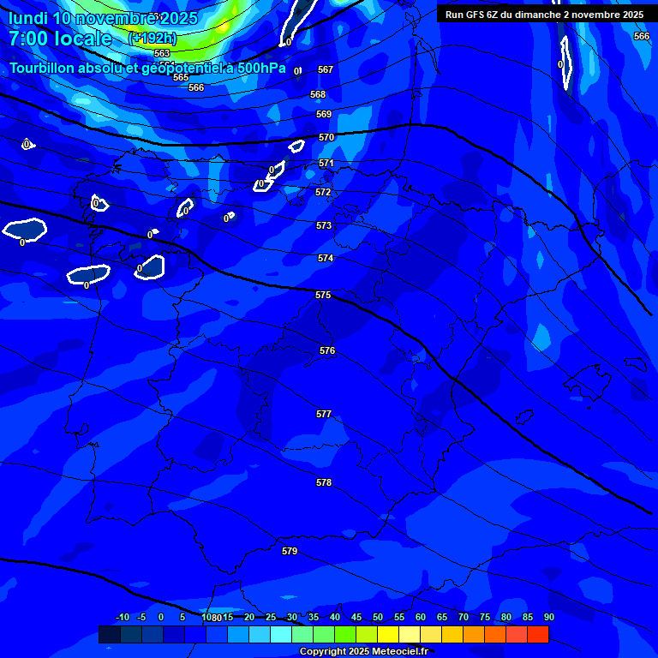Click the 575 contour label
[x=323, y=295]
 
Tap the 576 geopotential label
[x=327, y=351]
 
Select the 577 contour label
[x=324, y=414]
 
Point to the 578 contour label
[x=324, y=482]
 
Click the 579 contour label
[x=290, y=551]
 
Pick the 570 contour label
[x=326, y=137]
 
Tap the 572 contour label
[x=323, y=193]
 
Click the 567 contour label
[x=326, y=69]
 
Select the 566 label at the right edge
[x=642, y=36]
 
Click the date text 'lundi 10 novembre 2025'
[x=103, y=18]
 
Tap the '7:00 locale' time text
[x=60, y=39]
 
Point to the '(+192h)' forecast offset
[x=152, y=39]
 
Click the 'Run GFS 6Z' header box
[x=545, y=15]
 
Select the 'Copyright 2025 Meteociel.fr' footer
[x=364, y=652]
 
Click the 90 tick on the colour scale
[x=548, y=617]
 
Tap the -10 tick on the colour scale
[x=122, y=617]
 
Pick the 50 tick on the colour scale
[x=377, y=617]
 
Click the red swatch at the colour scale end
[x=537, y=634]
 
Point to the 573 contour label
[x=324, y=225]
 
